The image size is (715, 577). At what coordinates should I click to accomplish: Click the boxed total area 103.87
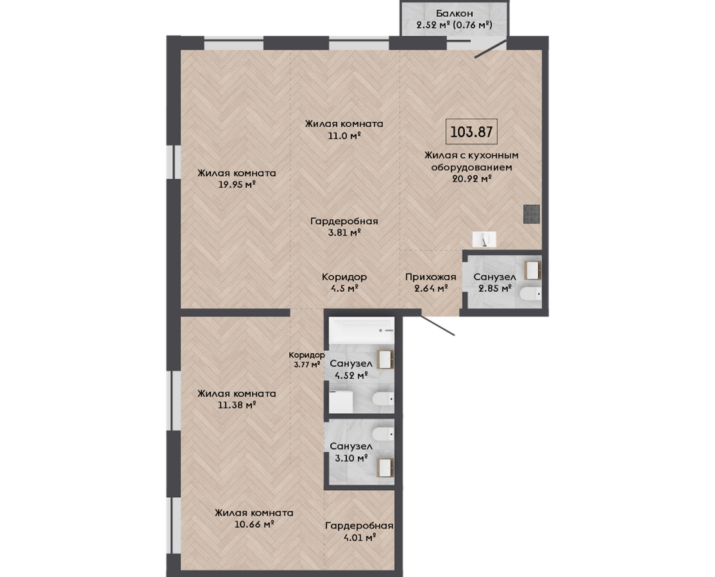(471, 132)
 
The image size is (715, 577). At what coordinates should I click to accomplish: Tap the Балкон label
(454, 13)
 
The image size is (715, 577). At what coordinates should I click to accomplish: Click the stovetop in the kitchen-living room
(531, 214)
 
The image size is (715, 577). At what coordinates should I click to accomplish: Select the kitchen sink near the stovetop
(484, 239)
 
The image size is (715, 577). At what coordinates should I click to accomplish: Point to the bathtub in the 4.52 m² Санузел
(361, 331)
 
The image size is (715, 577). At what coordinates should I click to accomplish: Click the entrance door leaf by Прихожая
(437, 324)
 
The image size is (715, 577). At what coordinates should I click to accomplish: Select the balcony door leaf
(491, 49)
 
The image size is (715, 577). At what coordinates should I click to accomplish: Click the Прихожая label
(430, 277)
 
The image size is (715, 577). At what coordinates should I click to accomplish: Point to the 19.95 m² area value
(237, 185)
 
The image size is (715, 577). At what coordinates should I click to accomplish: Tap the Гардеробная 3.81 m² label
(344, 227)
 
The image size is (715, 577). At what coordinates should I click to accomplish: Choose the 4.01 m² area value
(360, 537)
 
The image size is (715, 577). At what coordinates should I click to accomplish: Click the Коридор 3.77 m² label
(306, 359)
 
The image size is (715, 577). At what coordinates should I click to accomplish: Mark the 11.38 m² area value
(236, 405)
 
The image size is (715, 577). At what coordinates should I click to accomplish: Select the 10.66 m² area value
(254, 524)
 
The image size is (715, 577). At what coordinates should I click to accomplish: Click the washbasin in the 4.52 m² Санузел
(385, 359)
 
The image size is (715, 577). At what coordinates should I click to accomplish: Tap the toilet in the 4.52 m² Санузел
(383, 399)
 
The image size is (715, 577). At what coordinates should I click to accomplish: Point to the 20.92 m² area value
(471, 179)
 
